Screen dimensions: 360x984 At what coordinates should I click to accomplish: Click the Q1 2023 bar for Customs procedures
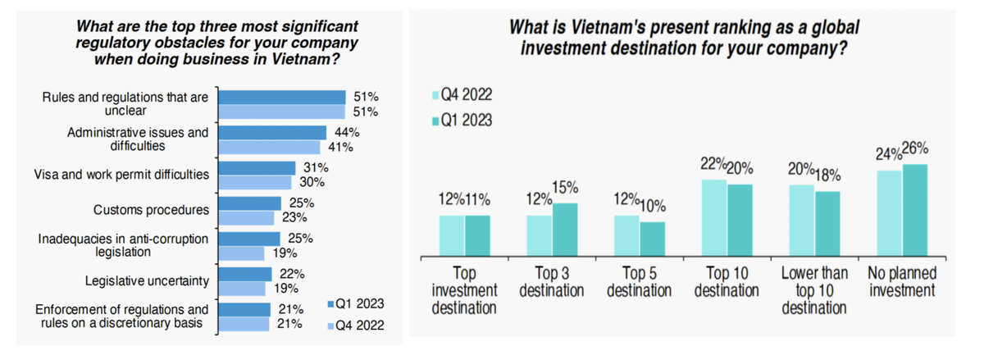pos(251,203)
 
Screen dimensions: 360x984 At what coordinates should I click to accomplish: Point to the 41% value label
pos(339,147)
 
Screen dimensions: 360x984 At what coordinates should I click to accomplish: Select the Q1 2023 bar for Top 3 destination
pos(565,230)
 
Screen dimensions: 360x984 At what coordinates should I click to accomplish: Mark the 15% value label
pos(565,188)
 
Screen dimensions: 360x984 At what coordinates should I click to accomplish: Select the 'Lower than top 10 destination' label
pos(813,290)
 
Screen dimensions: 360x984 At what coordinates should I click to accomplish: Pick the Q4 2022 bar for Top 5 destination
pos(627,236)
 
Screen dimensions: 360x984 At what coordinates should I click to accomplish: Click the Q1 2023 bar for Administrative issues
pos(274,132)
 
